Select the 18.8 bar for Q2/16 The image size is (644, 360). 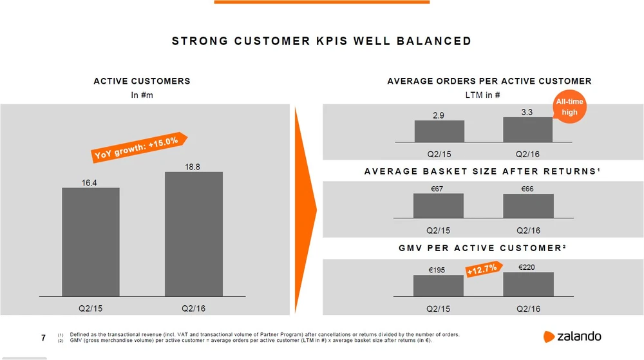193,233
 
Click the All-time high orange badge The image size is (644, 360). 569,107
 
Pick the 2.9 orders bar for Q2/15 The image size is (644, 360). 439,131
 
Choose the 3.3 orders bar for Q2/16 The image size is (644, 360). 527,129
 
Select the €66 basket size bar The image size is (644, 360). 528,206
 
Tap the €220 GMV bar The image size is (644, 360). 528,284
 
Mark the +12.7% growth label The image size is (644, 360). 481,270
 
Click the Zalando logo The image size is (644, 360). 573,336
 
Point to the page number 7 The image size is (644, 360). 43,337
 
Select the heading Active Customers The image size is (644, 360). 142,81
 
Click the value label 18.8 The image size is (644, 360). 193,167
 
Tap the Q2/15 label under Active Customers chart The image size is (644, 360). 90,308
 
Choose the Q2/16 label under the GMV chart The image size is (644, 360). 528,308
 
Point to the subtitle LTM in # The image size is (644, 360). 482,95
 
